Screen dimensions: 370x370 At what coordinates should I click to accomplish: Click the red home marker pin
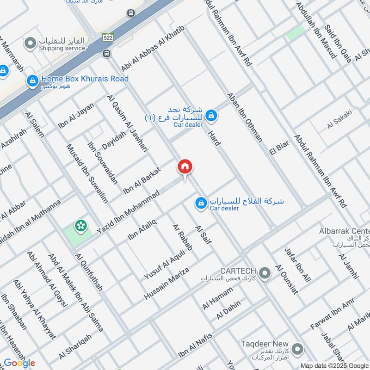click(x=185, y=167)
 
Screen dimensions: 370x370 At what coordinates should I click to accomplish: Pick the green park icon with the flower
click(x=81, y=225)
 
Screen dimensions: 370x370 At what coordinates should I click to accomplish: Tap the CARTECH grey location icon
click(x=265, y=274)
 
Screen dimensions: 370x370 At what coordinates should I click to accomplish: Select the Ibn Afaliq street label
click(x=142, y=229)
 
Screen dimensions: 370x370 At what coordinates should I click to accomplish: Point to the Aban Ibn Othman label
click(x=245, y=117)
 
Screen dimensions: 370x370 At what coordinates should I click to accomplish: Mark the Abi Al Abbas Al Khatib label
click(x=153, y=49)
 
